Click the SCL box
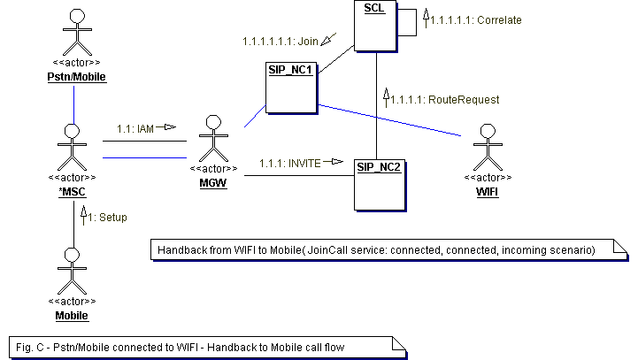click(376, 25)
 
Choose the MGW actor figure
click(212, 136)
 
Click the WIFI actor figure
click(483, 146)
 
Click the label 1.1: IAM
click(135, 128)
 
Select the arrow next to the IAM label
click(166, 127)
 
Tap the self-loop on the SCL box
click(410, 23)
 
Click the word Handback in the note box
click(183, 251)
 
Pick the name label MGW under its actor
click(212, 182)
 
